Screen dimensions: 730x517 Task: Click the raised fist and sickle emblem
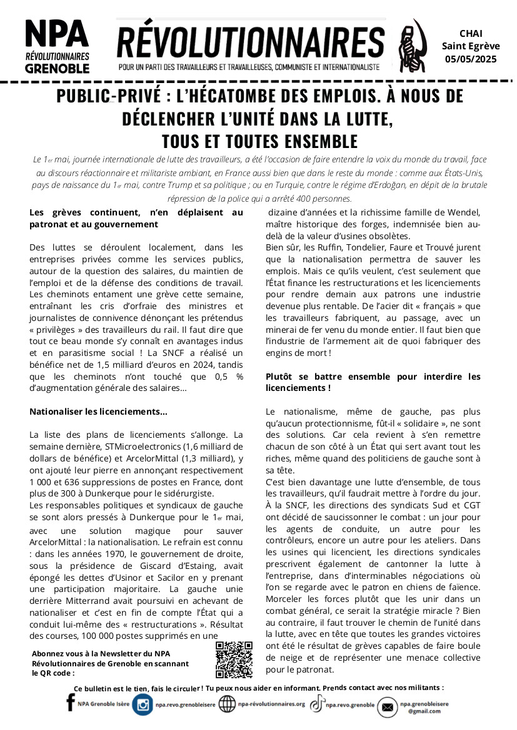click(x=409, y=44)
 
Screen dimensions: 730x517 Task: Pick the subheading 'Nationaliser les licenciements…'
click(x=98, y=412)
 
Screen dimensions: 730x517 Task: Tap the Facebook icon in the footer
click(x=70, y=704)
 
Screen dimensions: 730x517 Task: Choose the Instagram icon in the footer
click(x=142, y=704)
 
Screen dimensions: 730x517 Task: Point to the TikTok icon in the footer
click(x=317, y=704)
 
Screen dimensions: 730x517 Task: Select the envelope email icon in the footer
click(x=387, y=707)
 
